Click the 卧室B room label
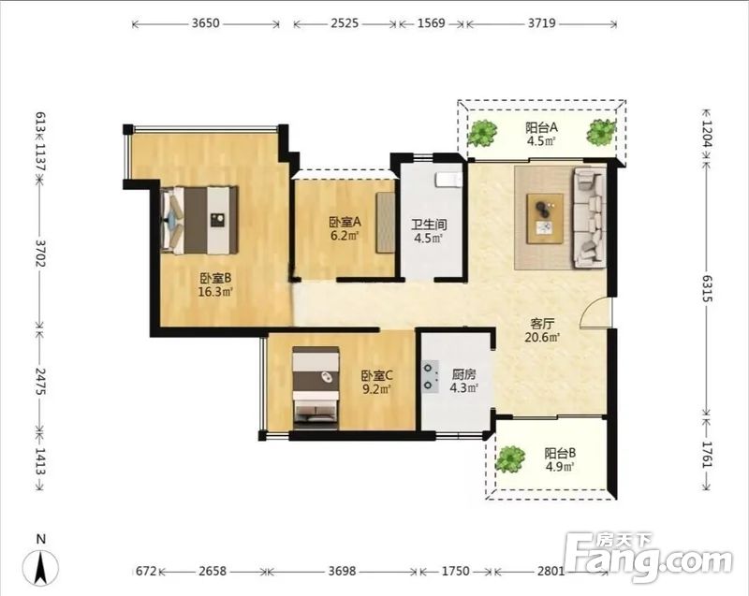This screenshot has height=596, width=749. pos(215,284)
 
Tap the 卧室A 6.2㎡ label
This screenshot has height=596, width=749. pos(345,228)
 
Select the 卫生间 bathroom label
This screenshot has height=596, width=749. pos(429,231)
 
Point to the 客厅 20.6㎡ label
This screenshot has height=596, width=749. pos(542,330)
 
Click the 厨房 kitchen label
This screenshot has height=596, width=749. pos(463,381)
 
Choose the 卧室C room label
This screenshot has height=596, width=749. pos(377,383)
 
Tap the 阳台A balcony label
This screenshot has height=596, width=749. pos(542,134)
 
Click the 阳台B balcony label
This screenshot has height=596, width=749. pos(560,459)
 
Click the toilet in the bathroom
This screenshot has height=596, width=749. pos(448,180)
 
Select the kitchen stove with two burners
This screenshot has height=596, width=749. pos(431,376)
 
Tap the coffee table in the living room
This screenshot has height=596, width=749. pos(545,219)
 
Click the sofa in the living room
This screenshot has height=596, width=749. pos(590,217)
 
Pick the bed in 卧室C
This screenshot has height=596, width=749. pos(316,387)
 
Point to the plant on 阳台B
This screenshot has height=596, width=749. pos(510,459)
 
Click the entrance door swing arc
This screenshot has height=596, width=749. pos(593,311)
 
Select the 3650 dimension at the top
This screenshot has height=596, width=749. pos(205,22)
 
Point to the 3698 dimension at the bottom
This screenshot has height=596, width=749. pos(342,571)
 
